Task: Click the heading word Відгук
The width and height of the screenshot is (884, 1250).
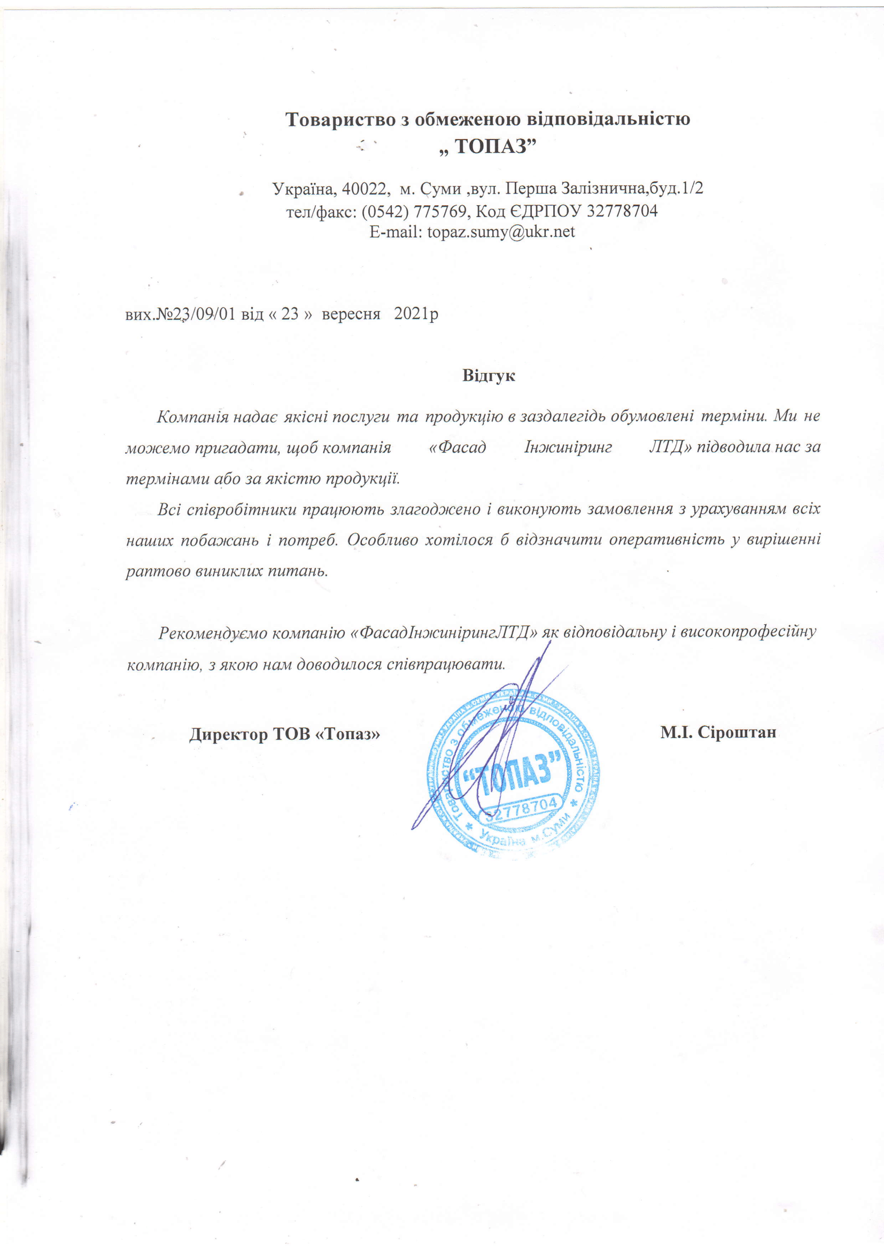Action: pyautogui.click(x=488, y=376)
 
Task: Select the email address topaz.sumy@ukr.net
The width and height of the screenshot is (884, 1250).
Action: pyautogui.click(x=501, y=232)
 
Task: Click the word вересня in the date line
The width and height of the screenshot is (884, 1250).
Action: pyautogui.click(x=351, y=314)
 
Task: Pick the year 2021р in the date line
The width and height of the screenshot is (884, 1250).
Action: pyautogui.click(x=416, y=314)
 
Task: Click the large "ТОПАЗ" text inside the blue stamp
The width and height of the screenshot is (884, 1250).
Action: pyautogui.click(x=511, y=773)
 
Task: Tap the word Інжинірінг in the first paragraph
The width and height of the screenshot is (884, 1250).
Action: pyautogui.click(x=568, y=447)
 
